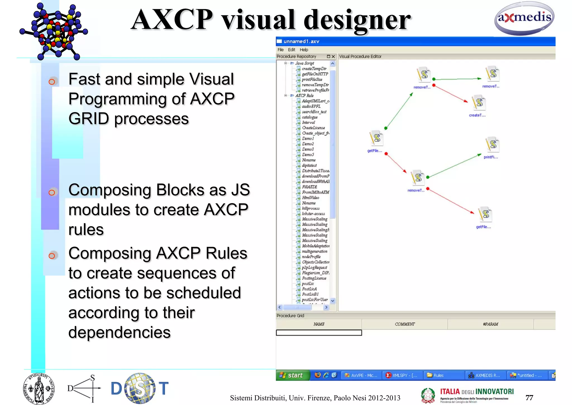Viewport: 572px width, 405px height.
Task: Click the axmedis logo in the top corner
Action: (x=524, y=18)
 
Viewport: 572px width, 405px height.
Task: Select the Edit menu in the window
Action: (x=291, y=50)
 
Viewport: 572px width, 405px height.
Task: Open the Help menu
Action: (x=304, y=50)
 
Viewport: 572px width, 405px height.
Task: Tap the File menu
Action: (x=280, y=50)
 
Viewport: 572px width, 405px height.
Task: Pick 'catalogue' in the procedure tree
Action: (x=309, y=117)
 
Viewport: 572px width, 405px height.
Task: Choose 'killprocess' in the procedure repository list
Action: (x=311, y=208)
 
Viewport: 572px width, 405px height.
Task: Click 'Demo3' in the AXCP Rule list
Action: (x=308, y=149)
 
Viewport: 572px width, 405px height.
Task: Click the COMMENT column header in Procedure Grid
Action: (x=405, y=324)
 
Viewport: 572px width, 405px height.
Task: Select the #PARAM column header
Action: (x=490, y=324)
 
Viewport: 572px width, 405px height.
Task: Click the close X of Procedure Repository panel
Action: (x=333, y=56)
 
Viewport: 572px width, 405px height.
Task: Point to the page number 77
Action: (x=529, y=397)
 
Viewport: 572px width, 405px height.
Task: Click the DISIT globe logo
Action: (x=140, y=388)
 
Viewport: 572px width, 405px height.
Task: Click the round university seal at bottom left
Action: (x=39, y=389)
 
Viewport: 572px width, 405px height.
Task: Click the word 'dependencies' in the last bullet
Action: (x=119, y=333)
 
